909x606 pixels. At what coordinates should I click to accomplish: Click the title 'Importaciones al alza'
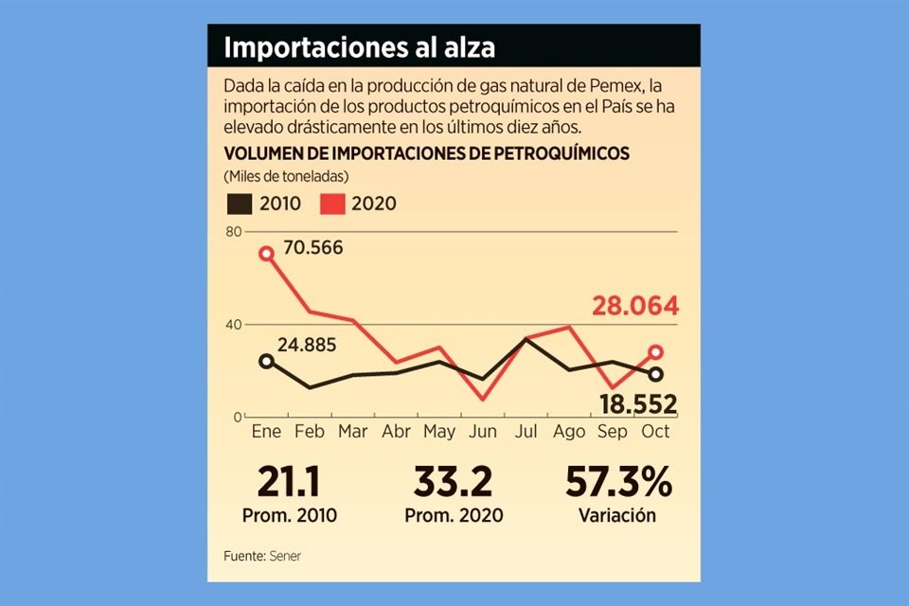[x=359, y=46]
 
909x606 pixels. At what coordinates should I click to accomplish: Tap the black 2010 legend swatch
[x=240, y=203]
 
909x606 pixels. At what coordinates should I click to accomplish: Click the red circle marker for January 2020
[x=267, y=254]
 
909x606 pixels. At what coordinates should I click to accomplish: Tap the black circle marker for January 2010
[x=267, y=361]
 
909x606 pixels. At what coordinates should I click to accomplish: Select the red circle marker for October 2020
[x=656, y=352]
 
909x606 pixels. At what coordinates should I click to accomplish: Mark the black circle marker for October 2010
[x=656, y=374]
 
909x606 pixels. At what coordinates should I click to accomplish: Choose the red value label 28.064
[x=635, y=307]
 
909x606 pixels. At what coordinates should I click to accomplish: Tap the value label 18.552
[x=638, y=405]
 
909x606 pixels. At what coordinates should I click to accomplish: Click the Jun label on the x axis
[x=483, y=432]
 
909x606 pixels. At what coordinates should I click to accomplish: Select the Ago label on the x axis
[x=570, y=432]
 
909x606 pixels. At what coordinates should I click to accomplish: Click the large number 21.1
[x=287, y=483]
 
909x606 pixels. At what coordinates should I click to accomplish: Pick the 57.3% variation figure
[x=618, y=483]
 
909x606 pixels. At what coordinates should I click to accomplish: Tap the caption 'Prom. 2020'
[x=454, y=517]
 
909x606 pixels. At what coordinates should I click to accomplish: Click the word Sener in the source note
[x=285, y=556]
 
